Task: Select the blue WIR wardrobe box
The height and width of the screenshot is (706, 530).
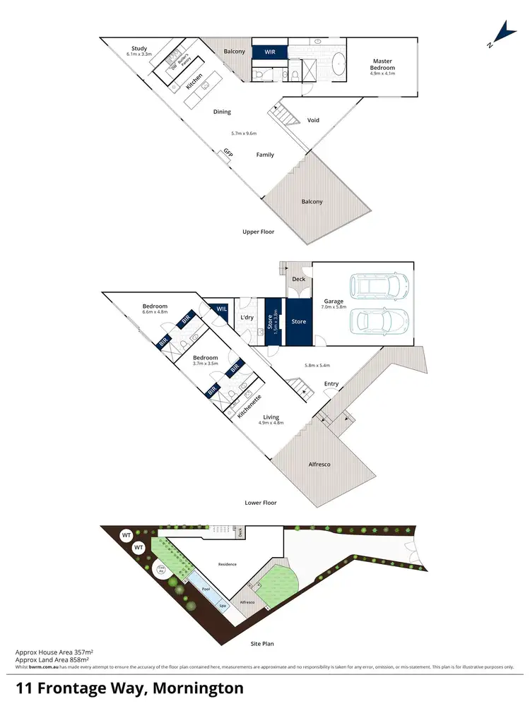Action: click(270, 52)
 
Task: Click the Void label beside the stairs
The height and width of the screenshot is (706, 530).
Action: click(313, 121)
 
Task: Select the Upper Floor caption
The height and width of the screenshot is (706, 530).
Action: click(259, 232)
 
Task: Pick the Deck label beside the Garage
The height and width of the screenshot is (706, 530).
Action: click(298, 280)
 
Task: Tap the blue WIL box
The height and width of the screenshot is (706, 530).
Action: click(220, 309)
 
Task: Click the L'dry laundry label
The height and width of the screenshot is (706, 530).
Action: click(247, 318)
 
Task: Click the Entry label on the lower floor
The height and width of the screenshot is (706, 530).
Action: click(331, 384)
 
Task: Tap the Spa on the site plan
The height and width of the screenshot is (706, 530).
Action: click(221, 605)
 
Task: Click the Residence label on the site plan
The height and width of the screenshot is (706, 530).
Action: click(227, 564)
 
